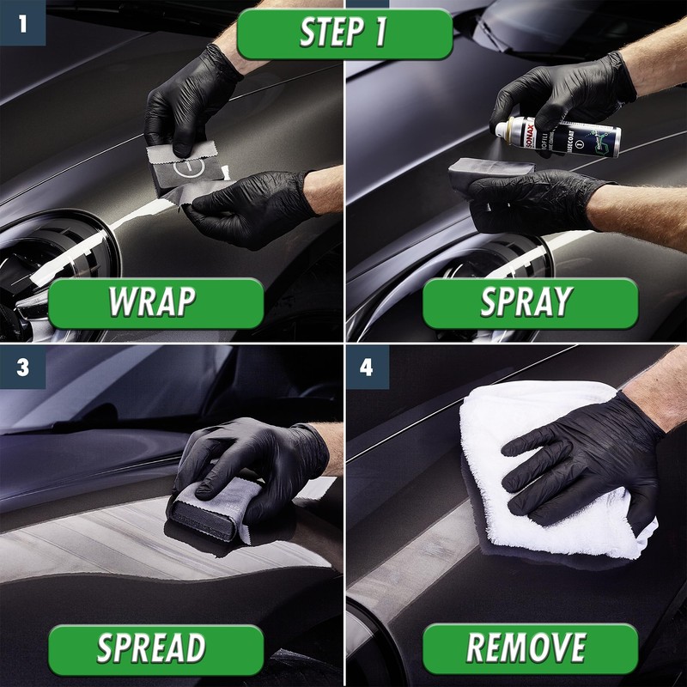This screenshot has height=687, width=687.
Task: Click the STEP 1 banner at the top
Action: [343, 33]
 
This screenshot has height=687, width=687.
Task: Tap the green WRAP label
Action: [155, 302]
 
